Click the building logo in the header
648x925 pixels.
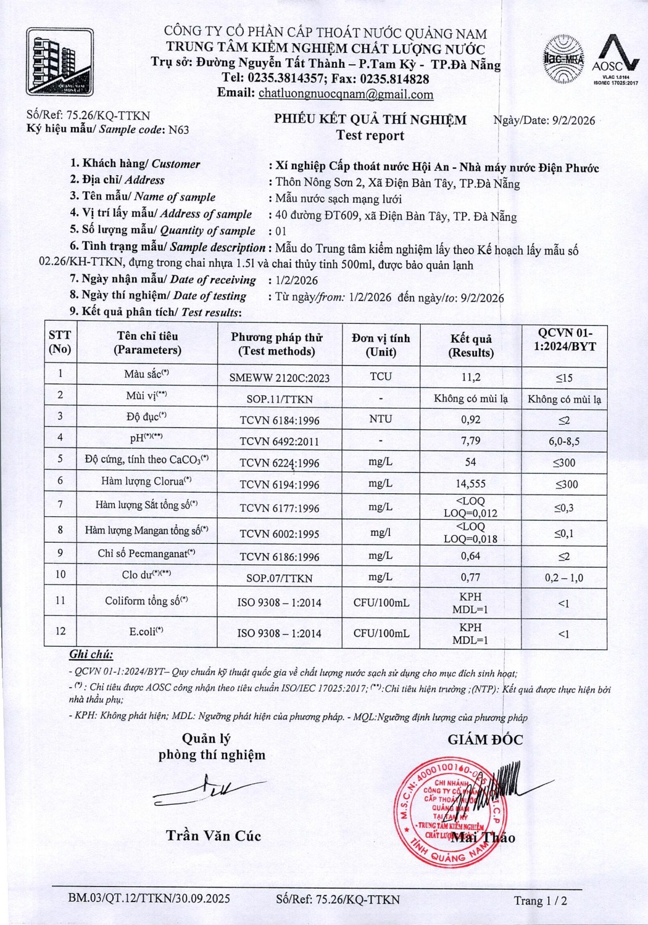point(60,62)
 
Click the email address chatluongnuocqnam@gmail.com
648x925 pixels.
point(346,94)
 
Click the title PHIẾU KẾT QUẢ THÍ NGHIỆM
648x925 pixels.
point(370,120)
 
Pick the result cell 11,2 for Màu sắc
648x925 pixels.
point(471,377)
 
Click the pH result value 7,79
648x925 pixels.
point(471,441)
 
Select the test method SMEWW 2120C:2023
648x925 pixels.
point(279,377)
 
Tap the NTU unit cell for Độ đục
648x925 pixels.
point(381,419)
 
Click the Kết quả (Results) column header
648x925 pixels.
point(471,345)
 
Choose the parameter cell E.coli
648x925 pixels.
point(146,631)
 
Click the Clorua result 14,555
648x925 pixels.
point(471,484)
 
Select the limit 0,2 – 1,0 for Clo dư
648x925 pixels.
point(564,578)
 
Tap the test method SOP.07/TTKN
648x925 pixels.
point(279,578)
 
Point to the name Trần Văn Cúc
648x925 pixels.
point(214,836)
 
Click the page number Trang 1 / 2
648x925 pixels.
point(541,901)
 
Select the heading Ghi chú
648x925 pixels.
point(91,655)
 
